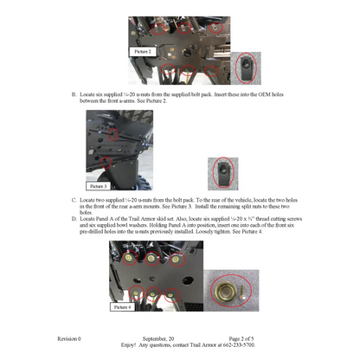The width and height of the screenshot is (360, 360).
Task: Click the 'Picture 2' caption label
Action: [143, 52]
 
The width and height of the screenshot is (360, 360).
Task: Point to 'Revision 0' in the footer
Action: [69, 337]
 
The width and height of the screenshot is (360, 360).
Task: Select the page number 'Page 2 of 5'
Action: [246, 337]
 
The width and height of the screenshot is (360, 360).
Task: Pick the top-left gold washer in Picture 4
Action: [135, 257]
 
